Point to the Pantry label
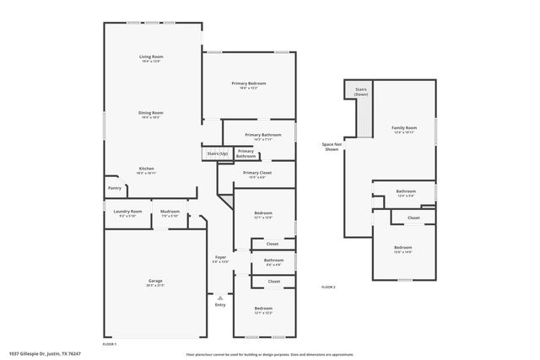tap(114, 188)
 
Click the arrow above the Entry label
tap(220, 297)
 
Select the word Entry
tap(220, 305)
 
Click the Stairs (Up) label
tap(218, 153)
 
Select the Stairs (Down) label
tap(361, 91)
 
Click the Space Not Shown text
tap(332, 146)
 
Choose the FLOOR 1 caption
tap(110, 345)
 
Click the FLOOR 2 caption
tap(328, 288)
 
